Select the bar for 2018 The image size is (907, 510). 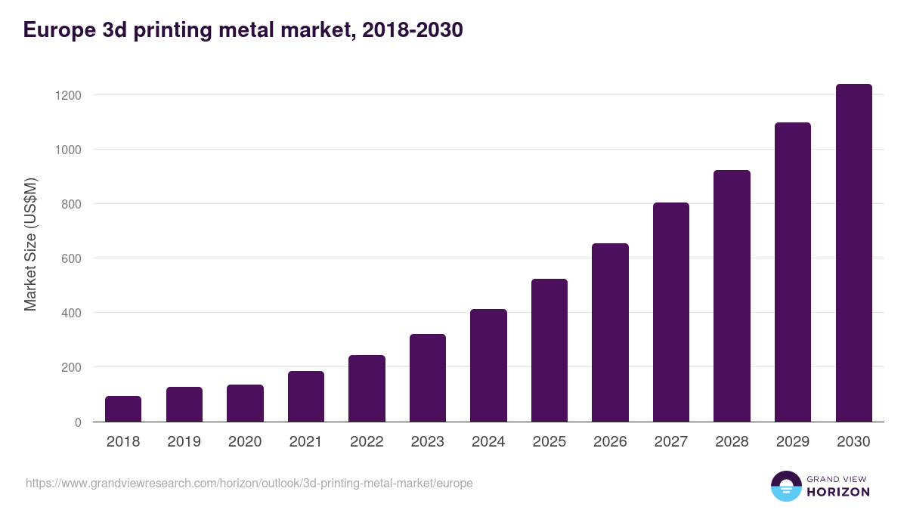coord(123,409)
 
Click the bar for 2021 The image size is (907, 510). coord(306,396)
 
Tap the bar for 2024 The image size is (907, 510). coord(488,365)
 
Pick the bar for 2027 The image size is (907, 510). coord(671,312)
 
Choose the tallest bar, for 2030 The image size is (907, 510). coord(853,253)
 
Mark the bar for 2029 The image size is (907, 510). coord(793,272)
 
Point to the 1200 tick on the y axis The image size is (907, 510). coord(68,95)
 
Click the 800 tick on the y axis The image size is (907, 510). coord(71,204)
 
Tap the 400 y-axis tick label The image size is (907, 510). coord(71,313)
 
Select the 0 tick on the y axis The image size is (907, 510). coord(78,422)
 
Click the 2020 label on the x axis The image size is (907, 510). coord(245,442)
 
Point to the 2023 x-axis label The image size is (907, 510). coord(428,442)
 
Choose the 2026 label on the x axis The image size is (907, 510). coord(610,442)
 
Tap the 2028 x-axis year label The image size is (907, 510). coord(732,442)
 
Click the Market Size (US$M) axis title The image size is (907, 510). coord(31,245)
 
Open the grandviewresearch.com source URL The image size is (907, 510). coord(249,483)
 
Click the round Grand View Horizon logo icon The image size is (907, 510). coord(786,487)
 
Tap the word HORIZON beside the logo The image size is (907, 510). coord(838,492)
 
